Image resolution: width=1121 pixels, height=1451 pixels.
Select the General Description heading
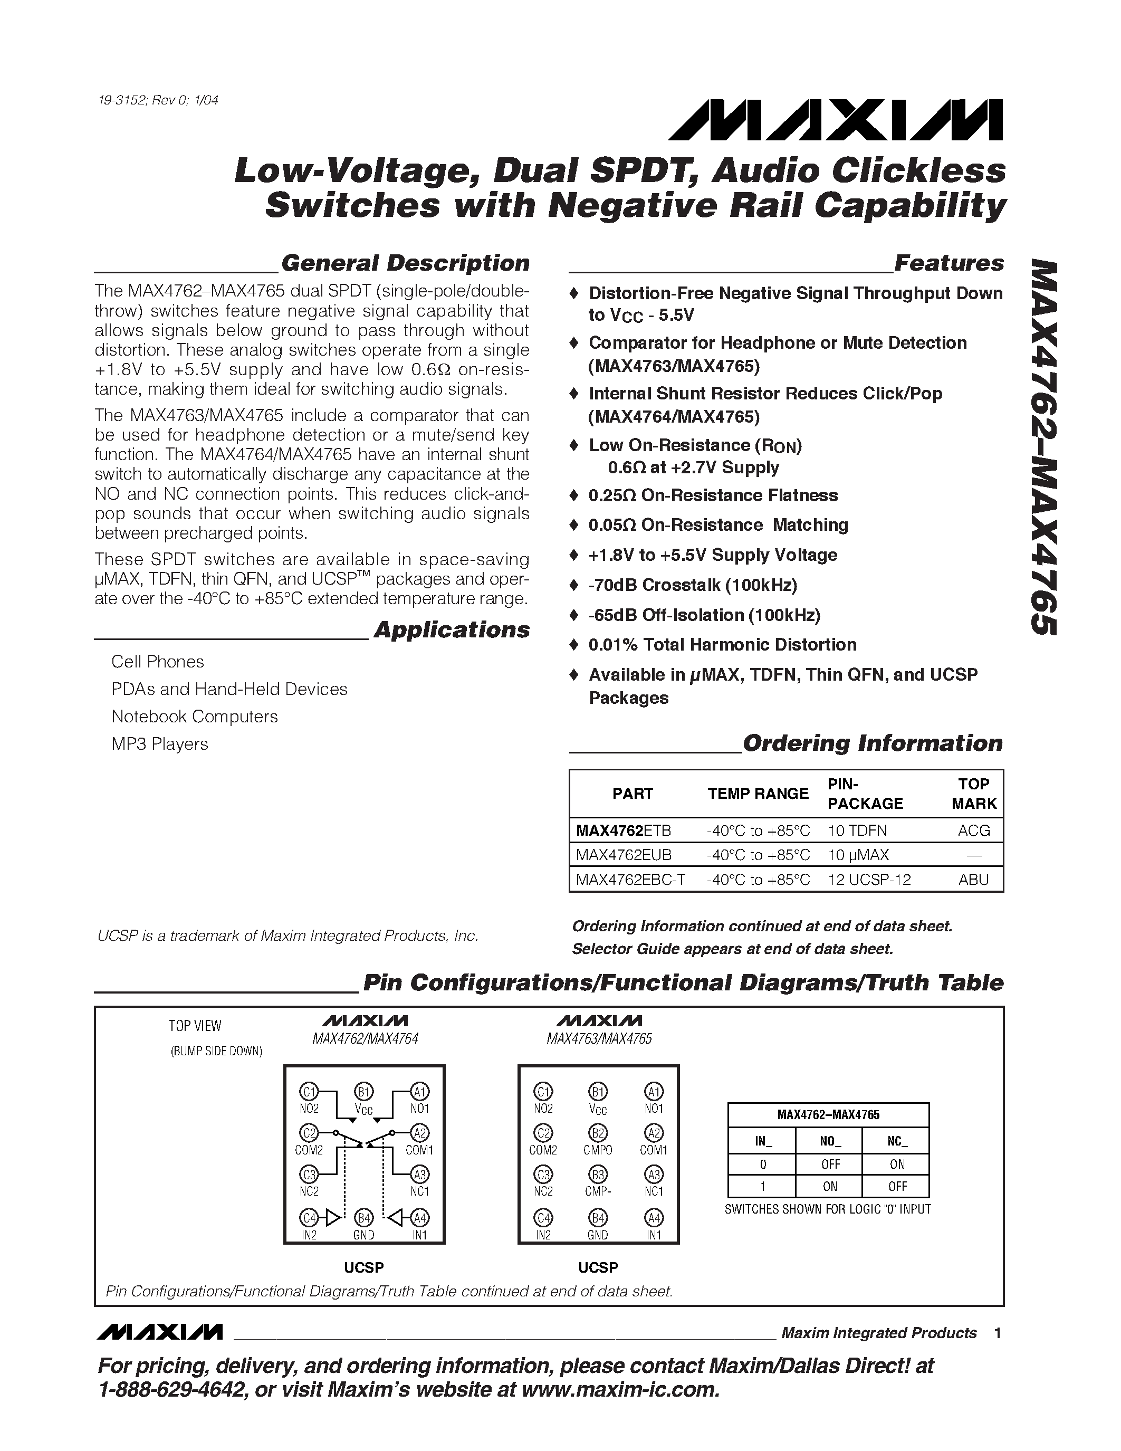(405, 263)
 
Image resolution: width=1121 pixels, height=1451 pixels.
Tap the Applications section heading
(452, 630)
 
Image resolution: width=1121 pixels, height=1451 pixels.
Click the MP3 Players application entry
(159, 744)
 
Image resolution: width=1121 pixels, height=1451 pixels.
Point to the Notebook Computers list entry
(195, 717)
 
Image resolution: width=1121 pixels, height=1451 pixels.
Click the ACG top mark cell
(974, 830)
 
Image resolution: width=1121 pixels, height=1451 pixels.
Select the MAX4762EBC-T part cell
(630, 880)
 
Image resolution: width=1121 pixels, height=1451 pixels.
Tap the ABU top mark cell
(974, 880)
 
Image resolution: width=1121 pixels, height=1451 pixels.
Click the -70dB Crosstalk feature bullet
(693, 585)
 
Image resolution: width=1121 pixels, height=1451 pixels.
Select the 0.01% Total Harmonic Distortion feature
(723, 645)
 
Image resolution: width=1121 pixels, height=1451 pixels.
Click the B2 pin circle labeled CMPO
(598, 1133)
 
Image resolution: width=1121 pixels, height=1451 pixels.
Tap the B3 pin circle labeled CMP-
(598, 1174)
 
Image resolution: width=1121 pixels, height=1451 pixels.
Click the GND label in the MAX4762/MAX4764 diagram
(364, 1235)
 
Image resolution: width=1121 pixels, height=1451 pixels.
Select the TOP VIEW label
(195, 1026)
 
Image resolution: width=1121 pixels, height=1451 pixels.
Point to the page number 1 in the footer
(997, 1333)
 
